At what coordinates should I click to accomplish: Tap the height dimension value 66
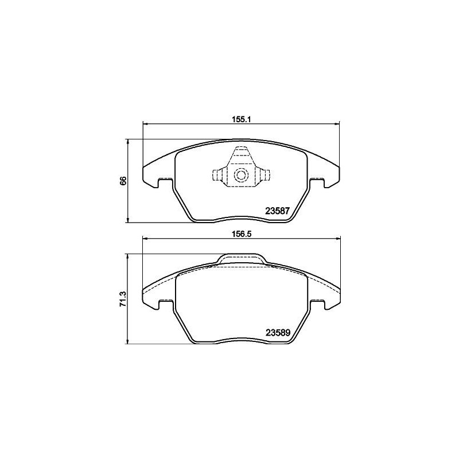pos(123,181)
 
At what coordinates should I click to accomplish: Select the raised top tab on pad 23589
pos(242,259)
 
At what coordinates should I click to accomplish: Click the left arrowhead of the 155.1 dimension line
pos(145,124)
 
